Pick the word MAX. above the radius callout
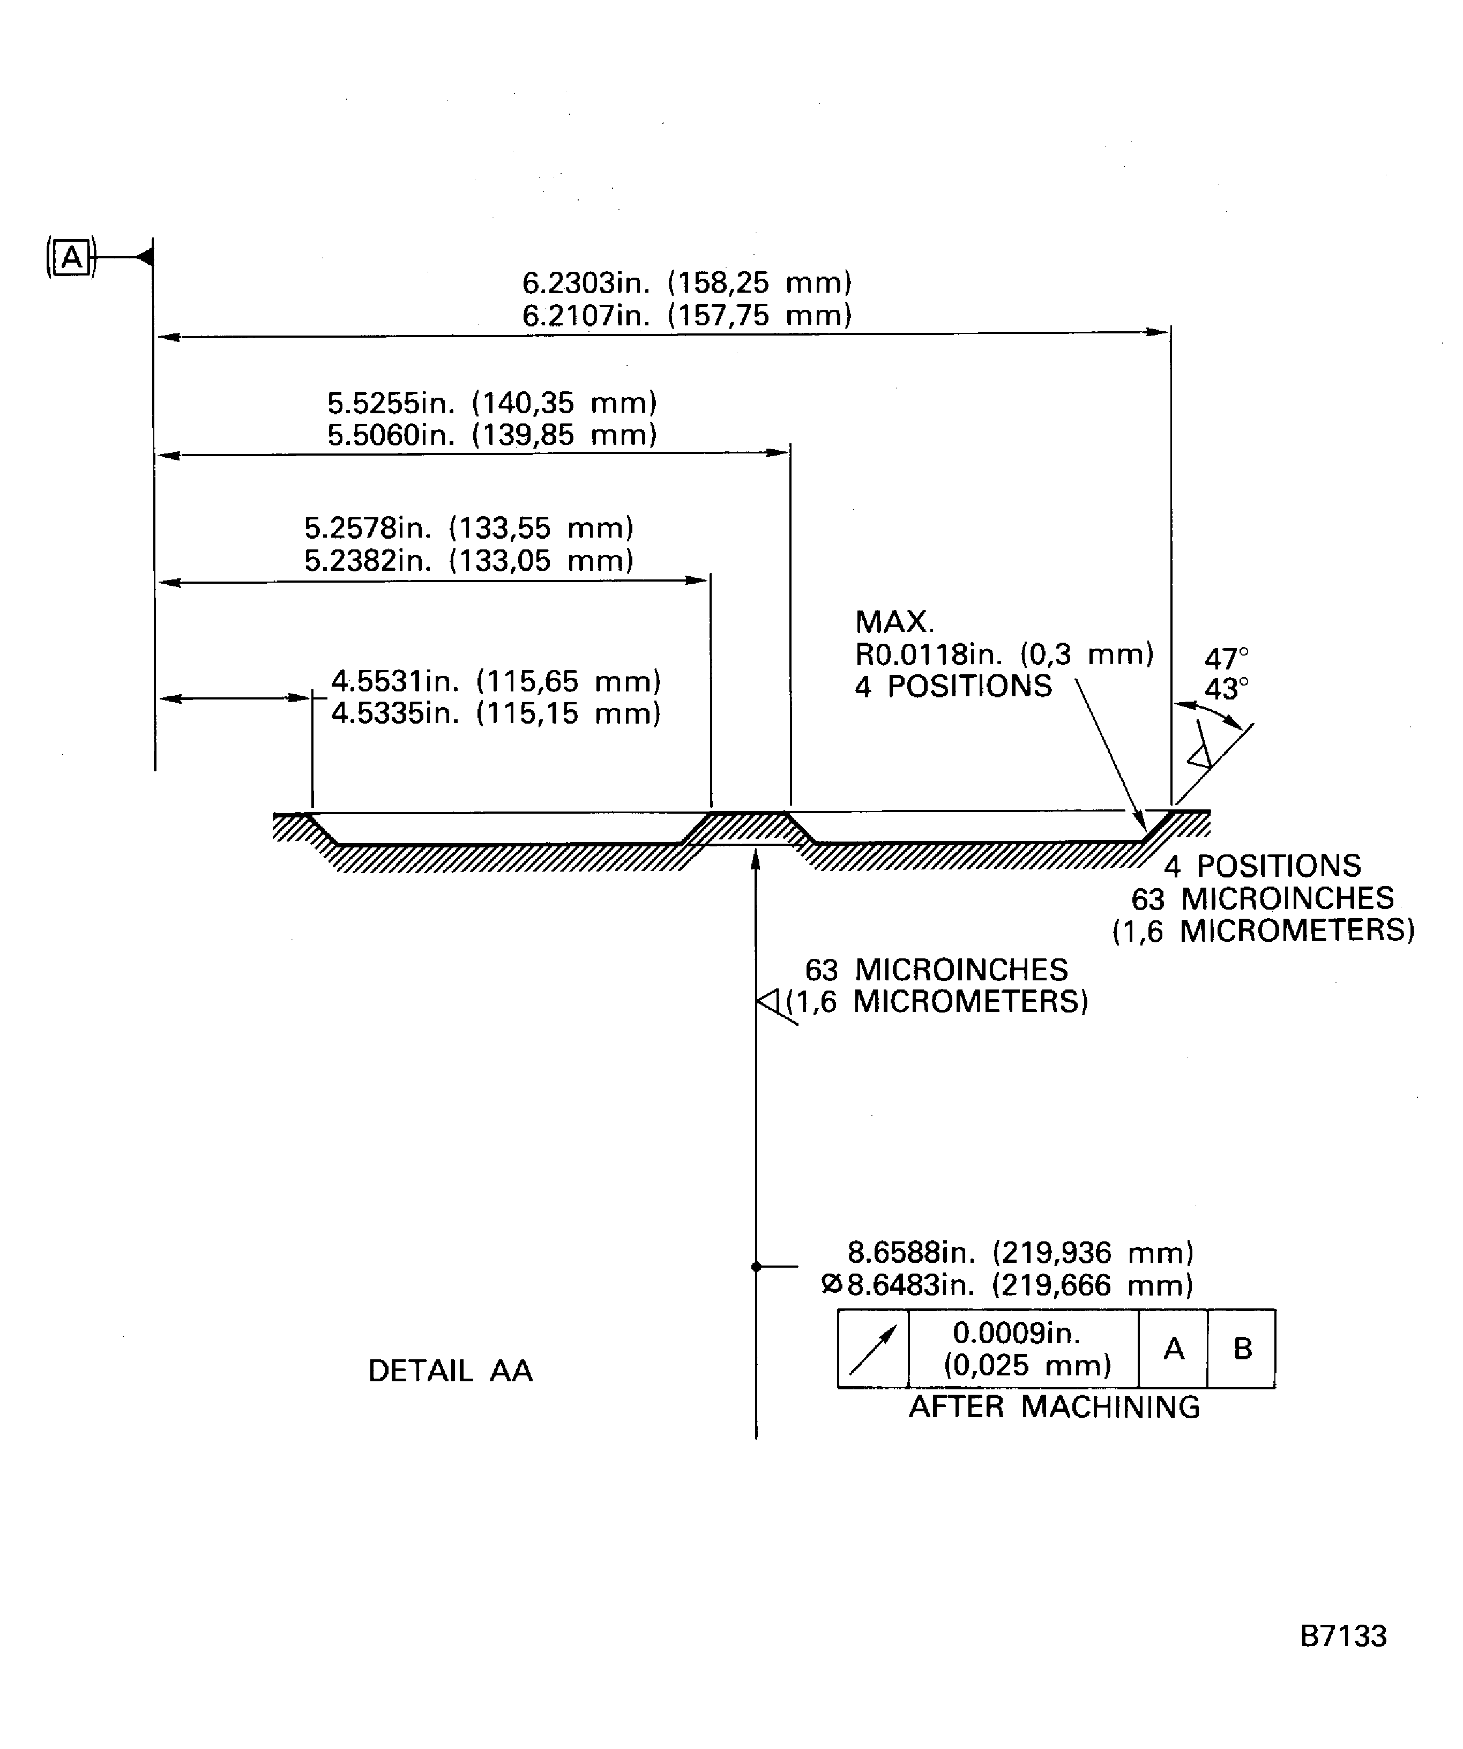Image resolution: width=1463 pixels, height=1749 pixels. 894,622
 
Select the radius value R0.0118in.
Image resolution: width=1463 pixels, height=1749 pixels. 928,654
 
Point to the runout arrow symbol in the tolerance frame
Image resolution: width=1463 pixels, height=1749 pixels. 872,1349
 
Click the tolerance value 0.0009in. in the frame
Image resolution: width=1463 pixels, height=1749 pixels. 1016,1334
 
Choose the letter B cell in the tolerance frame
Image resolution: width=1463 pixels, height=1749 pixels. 1242,1349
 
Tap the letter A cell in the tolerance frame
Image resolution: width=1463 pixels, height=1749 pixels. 1173,1349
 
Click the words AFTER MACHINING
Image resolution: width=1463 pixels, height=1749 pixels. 1054,1408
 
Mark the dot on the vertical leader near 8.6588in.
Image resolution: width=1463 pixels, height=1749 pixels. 756,1267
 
